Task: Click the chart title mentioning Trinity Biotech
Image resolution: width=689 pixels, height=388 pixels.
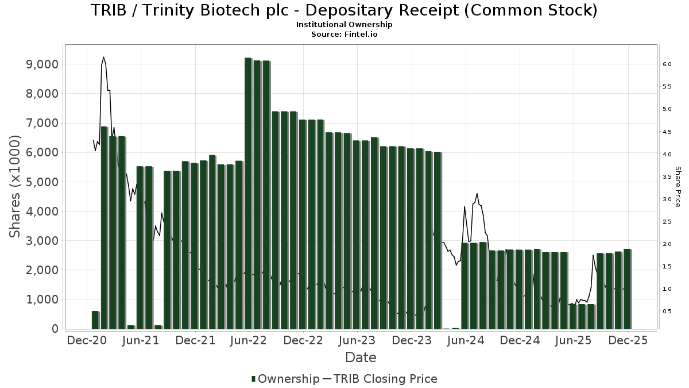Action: click(344, 10)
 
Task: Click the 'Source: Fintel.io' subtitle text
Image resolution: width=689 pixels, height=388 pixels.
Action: click(344, 34)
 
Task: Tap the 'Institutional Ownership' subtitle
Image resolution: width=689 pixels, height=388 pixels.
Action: click(344, 25)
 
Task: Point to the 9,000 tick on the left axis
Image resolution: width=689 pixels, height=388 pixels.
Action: click(42, 64)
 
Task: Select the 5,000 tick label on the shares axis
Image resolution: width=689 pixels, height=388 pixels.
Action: click(42, 182)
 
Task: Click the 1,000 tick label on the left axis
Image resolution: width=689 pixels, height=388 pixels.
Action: click(42, 299)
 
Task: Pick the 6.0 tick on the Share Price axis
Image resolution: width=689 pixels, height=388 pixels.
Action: click(667, 64)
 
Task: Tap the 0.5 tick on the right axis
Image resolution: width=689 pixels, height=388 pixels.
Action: click(667, 312)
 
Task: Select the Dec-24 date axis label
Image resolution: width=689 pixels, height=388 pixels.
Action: click(520, 340)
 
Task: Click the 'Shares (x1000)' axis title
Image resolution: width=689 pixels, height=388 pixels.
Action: click(16, 186)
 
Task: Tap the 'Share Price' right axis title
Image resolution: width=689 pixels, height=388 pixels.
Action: click(678, 187)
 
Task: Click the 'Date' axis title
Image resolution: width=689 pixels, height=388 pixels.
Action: click(361, 358)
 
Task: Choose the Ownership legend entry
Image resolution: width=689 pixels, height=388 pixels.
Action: click(285, 379)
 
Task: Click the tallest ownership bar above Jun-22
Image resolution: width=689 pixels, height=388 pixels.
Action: click(248, 193)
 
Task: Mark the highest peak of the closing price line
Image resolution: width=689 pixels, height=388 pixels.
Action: click(103, 57)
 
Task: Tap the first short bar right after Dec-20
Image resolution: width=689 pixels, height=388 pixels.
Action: click(95, 320)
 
